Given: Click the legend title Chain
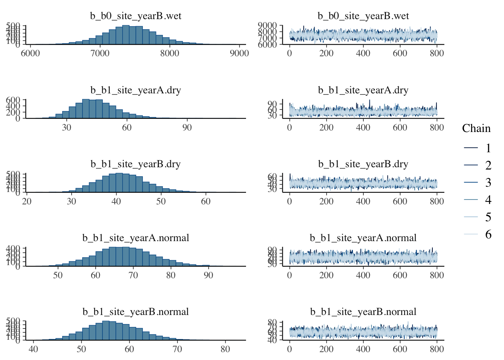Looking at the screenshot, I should (476, 129).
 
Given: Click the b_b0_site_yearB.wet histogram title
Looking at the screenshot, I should (136, 16).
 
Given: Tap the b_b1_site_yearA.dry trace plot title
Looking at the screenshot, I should (363, 90).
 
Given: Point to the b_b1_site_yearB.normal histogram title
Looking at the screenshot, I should (136, 312).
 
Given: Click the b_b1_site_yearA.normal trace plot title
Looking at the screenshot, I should (363, 238).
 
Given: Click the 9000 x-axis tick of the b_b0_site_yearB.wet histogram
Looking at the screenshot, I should (239, 53).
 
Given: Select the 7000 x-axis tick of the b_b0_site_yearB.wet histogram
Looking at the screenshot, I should (100, 53).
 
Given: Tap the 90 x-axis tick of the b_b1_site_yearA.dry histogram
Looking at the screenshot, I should (187, 127).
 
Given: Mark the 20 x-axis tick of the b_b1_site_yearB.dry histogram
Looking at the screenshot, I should (27, 201).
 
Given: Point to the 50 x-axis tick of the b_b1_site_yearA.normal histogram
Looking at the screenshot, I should (58, 275).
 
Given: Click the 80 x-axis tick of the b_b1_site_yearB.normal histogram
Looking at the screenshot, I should (225, 349).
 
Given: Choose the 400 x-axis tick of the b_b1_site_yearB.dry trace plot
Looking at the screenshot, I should (363, 201).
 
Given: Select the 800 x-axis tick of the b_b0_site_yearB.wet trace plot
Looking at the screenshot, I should (437, 53).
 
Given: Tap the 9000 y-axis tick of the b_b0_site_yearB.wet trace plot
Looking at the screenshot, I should (267, 26).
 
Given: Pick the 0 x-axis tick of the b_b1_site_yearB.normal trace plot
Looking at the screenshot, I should (289, 349).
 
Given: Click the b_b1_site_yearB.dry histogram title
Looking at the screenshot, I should (136, 164).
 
